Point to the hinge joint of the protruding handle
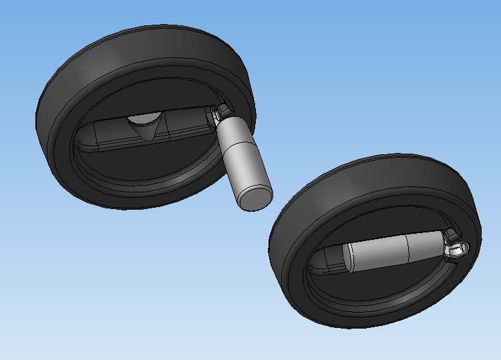click(x=218, y=115)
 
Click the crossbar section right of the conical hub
click(x=184, y=127)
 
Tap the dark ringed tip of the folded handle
click(x=335, y=259)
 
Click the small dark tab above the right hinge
click(x=452, y=233)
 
